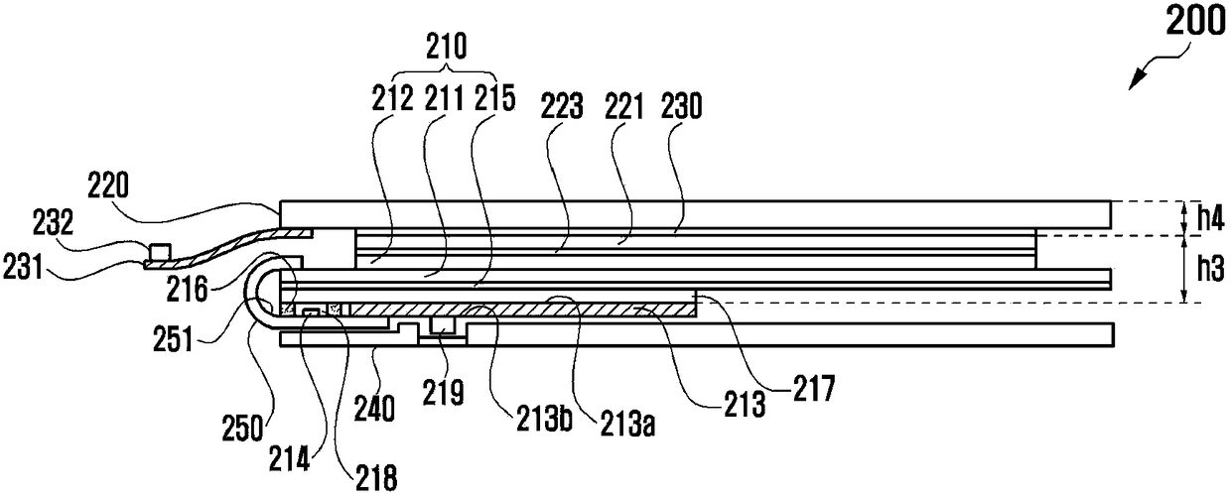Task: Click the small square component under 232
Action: click(x=155, y=247)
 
